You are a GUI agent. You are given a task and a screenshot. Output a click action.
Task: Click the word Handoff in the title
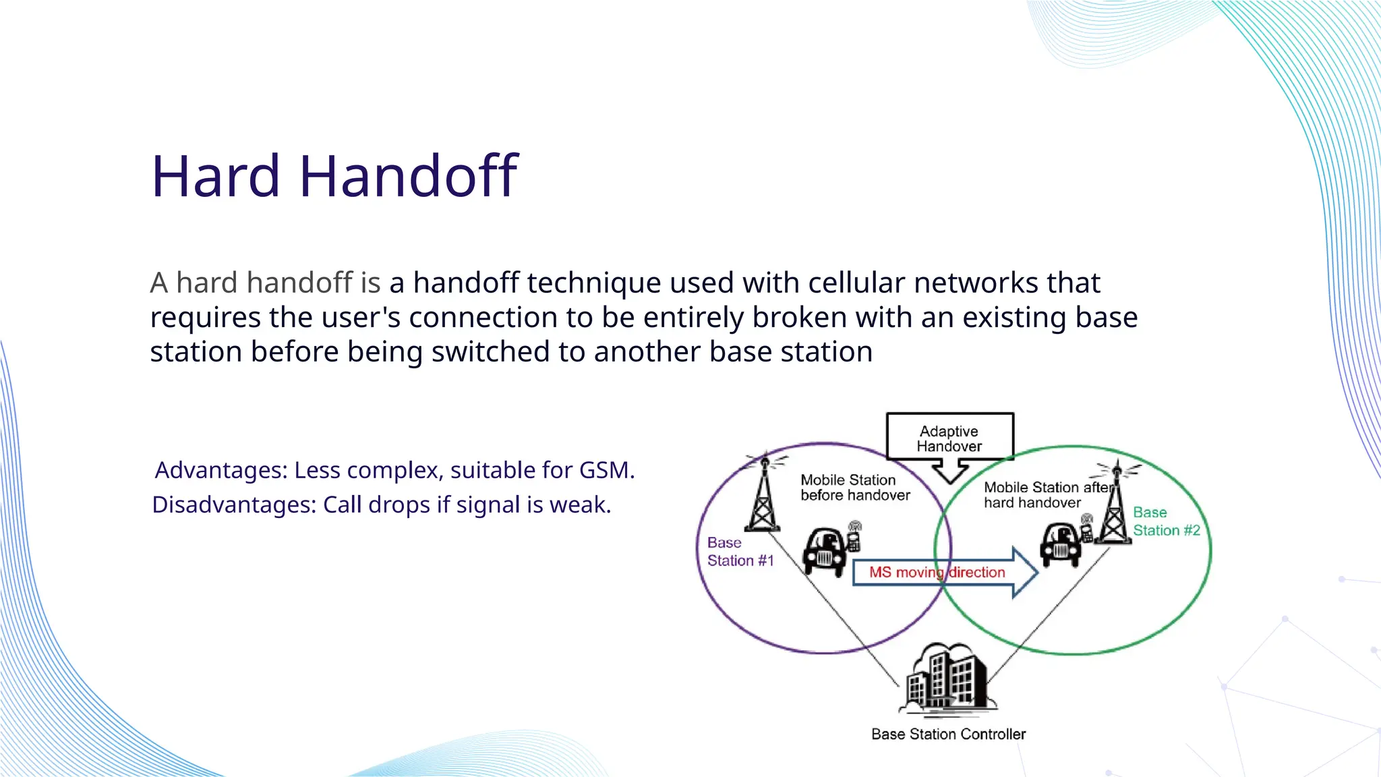[408, 176]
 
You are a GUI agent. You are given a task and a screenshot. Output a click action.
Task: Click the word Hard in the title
[215, 176]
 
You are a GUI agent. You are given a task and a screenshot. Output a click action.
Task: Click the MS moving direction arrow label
[937, 573]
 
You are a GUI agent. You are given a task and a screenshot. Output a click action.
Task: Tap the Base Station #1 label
[740, 552]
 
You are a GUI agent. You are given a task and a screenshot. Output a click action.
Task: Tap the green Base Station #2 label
[1166, 521]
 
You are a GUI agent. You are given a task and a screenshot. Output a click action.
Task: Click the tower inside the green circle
[1115, 502]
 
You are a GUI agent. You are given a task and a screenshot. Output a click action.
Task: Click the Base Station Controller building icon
[947, 678]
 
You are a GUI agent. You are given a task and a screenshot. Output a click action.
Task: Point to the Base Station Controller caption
[948, 734]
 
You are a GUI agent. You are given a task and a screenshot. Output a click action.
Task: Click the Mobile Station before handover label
[854, 488]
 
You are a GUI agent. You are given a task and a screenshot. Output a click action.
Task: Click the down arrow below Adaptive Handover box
[949, 471]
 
